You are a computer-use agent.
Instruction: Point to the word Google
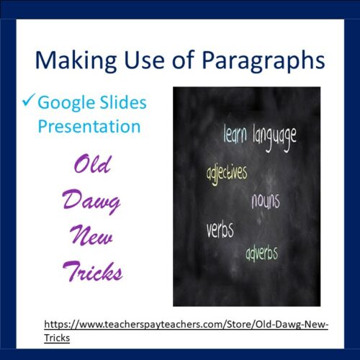(x=67, y=104)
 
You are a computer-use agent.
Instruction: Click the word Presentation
(x=89, y=127)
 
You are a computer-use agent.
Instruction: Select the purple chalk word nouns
(x=265, y=200)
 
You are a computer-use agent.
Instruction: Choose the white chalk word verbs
(x=220, y=231)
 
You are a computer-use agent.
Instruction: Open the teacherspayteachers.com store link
(x=186, y=325)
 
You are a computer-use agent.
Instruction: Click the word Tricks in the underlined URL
(x=57, y=337)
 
